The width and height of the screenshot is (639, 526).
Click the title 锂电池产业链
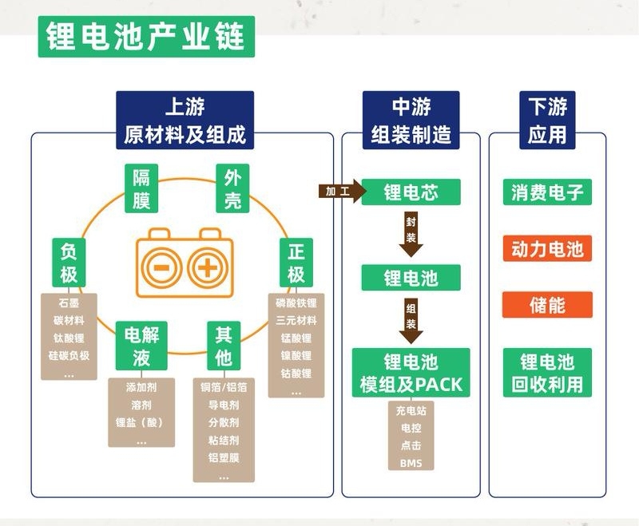click(146, 37)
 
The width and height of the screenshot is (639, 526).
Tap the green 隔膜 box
click(141, 189)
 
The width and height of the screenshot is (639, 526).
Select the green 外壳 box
click(232, 189)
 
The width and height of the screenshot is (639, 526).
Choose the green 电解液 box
click(141, 346)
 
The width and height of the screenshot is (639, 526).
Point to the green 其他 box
click(224, 346)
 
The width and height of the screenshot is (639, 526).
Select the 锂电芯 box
click(411, 192)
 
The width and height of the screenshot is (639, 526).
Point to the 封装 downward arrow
click(411, 234)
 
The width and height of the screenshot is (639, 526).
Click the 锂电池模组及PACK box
click(411, 373)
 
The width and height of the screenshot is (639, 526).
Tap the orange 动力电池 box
click(548, 249)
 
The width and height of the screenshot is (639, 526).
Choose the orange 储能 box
click(548, 305)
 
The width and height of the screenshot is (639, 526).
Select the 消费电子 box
click(548, 192)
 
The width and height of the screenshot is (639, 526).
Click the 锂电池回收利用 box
click(548, 373)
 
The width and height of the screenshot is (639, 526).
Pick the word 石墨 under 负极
click(69, 304)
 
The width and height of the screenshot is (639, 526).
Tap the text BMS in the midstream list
click(411, 464)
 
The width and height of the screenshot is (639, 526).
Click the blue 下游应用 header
click(547, 121)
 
